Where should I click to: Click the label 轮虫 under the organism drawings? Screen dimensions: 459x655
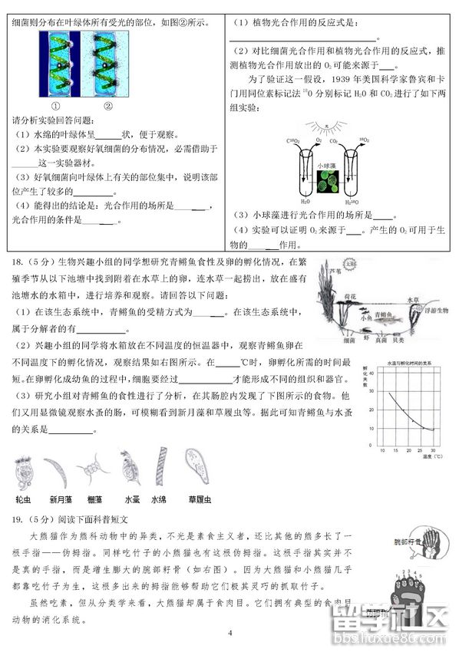[x=24, y=499]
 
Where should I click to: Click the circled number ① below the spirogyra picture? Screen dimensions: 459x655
[x=56, y=107]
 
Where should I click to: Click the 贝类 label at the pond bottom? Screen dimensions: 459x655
[x=411, y=339]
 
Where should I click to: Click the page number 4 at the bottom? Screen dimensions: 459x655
[x=229, y=633]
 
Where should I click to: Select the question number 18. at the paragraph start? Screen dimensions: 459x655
[x=16, y=262]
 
